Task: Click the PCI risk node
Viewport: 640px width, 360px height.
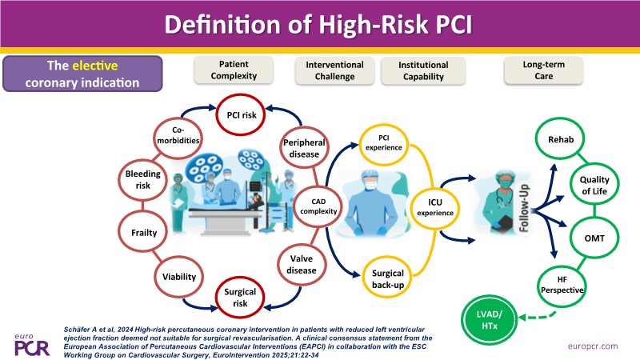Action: [x=241, y=114]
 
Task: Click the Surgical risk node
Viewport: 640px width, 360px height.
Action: [x=241, y=297]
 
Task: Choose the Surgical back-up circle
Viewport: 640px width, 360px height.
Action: [x=387, y=278]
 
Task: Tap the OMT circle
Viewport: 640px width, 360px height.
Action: [x=594, y=238]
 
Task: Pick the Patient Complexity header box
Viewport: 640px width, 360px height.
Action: [x=238, y=70]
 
